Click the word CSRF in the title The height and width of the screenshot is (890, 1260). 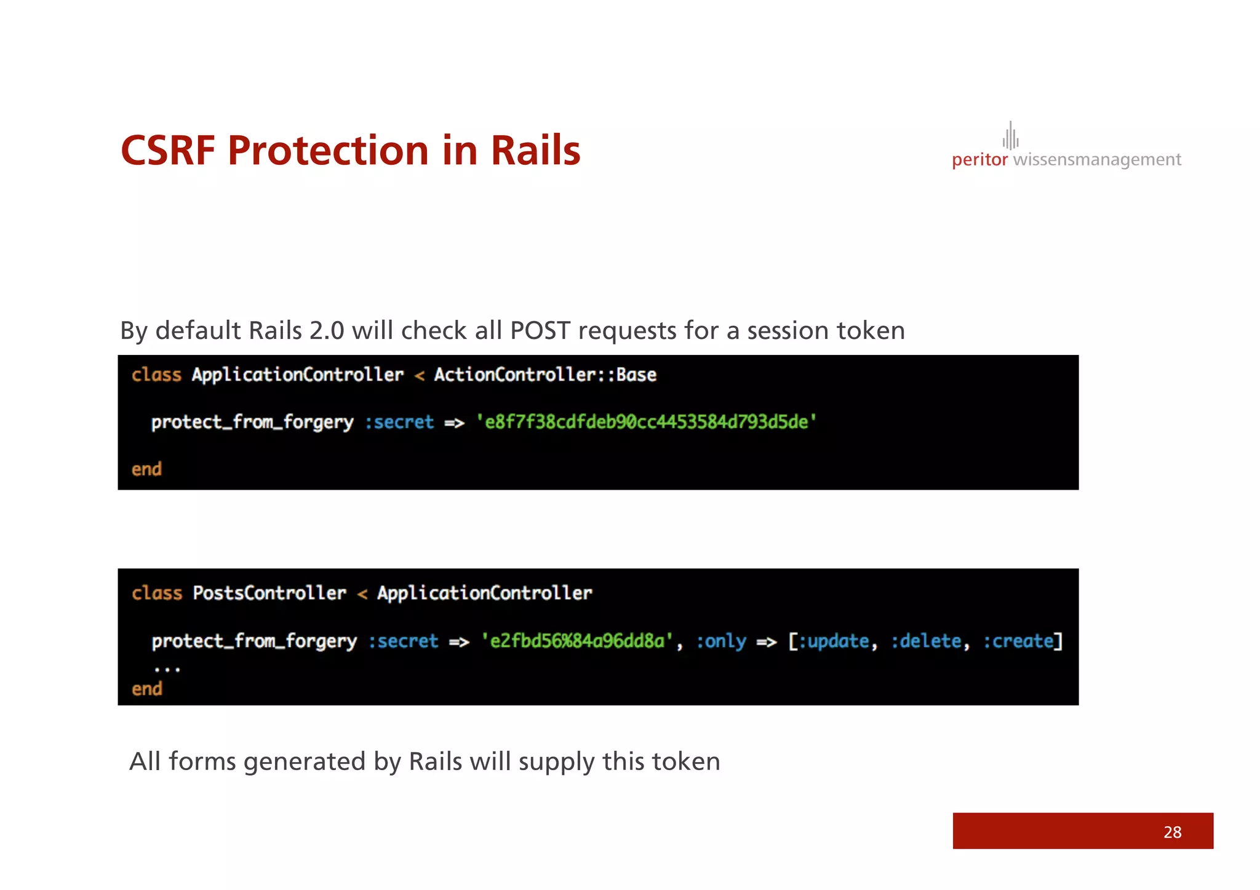pos(167,151)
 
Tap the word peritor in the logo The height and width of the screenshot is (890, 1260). pos(979,160)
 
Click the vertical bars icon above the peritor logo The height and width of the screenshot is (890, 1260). pos(1010,135)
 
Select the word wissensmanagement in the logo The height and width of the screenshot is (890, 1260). pos(1096,160)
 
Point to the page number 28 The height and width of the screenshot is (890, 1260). pos(1172,832)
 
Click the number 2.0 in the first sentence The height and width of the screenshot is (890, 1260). pos(327,331)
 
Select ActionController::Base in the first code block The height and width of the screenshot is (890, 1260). pos(545,375)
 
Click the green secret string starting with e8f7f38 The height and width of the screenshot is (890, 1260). pos(646,422)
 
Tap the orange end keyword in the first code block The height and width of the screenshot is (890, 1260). pos(146,469)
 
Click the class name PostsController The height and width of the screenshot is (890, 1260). pos(269,593)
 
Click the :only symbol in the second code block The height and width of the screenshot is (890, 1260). pos(720,641)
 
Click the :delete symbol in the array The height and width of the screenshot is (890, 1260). pos(925,641)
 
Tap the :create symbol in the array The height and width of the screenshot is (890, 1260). pos(1018,641)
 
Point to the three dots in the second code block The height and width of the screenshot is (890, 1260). pos(167,669)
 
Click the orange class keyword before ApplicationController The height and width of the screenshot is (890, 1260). pos(156,375)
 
